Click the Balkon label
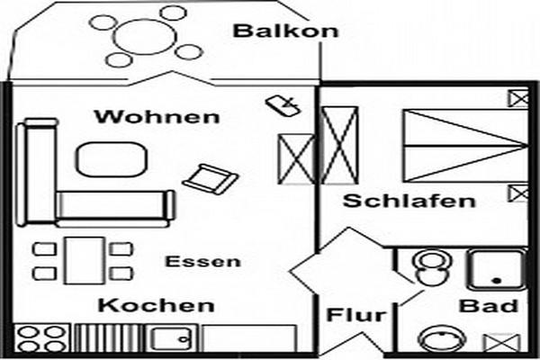click(x=286, y=31)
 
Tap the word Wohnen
click(x=157, y=116)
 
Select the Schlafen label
click(x=409, y=201)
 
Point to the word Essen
click(x=202, y=262)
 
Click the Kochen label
click(x=157, y=306)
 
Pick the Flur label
click(x=356, y=315)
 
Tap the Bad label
click(x=489, y=306)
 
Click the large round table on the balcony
click(x=145, y=36)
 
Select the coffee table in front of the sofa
click(x=112, y=159)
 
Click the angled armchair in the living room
click(x=211, y=179)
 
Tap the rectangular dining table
click(x=85, y=260)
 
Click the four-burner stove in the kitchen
click(x=41, y=338)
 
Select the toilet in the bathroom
click(x=432, y=267)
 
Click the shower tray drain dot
click(x=497, y=281)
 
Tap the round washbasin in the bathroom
click(x=442, y=339)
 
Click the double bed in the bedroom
click(x=465, y=146)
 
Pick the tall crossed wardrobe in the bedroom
click(x=339, y=145)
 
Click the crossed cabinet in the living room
click(x=296, y=158)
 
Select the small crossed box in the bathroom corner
click(x=502, y=343)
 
